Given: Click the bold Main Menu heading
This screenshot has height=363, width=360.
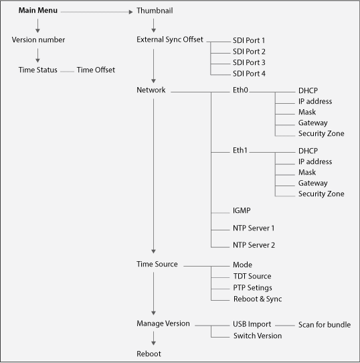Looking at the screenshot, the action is (38, 11).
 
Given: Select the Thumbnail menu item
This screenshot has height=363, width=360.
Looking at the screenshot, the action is (155, 11).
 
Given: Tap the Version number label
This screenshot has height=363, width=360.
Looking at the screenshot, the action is (38, 40).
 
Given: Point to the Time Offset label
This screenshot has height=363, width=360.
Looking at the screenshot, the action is (96, 70).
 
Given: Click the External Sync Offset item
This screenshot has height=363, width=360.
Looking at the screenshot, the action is (170, 40).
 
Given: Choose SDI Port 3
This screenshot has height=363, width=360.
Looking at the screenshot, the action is (249, 62).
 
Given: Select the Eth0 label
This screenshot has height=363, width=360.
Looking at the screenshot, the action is (240, 90).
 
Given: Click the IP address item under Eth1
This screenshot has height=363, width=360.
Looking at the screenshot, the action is (315, 161).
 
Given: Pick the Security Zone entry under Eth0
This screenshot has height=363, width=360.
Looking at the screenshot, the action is (321, 133).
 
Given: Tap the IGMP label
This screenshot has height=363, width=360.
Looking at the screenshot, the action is (242, 210).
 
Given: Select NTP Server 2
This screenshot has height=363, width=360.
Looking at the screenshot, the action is (254, 245).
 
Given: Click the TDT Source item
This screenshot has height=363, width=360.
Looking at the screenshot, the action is (252, 276).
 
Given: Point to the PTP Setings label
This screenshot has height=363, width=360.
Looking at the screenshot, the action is (252, 288).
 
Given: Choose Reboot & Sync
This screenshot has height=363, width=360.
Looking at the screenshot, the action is (258, 299).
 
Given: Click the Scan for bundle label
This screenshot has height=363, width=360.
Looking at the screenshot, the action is (325, 325).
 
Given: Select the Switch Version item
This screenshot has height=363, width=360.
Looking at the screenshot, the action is (258, 336).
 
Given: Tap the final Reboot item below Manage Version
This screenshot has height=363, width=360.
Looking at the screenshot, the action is (149, 354).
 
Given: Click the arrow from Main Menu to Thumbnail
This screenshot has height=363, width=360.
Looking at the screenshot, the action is (97, 12).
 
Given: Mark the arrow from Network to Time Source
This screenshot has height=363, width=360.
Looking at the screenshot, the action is (153, 176).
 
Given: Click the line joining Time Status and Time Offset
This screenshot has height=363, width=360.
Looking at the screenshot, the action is (68, 72).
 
